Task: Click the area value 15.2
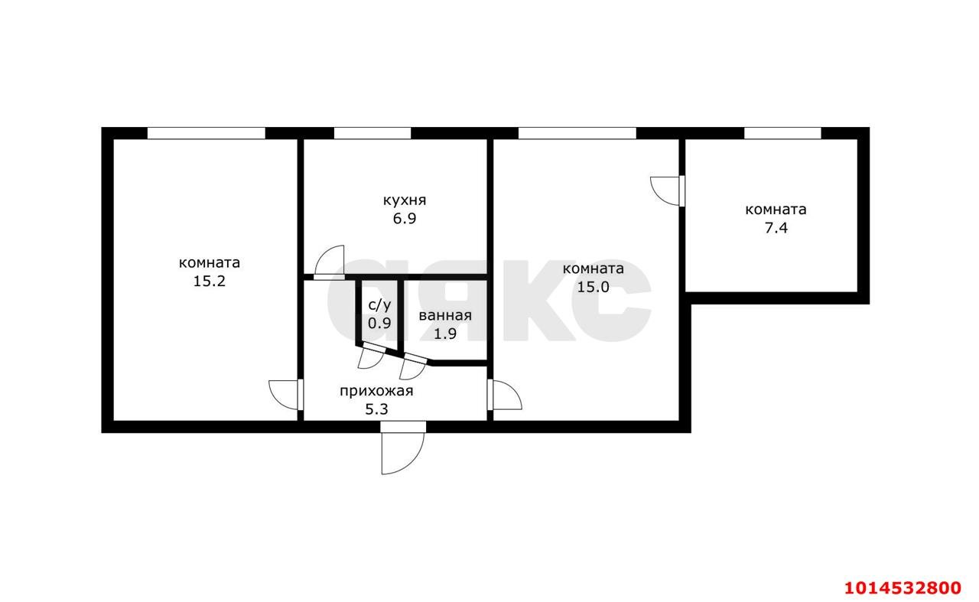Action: tap(210, 281)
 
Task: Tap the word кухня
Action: tap(405, 200)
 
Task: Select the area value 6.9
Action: tap(405, 219)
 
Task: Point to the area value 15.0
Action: tap(593, 287)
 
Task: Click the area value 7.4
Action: tap(776, 228)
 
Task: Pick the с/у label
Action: tap(380, 305)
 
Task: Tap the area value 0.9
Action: tap(379, 324)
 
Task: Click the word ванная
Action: tap(445, 316)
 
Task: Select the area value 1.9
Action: tap(445, 334)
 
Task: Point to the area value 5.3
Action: tap(376, 410)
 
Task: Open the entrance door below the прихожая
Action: tap(402, 448)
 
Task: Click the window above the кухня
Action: tap(372, 133)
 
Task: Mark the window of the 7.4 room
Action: tap(782, 133)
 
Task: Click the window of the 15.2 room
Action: tap(207, 133)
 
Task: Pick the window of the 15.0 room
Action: tap(577, 133)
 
